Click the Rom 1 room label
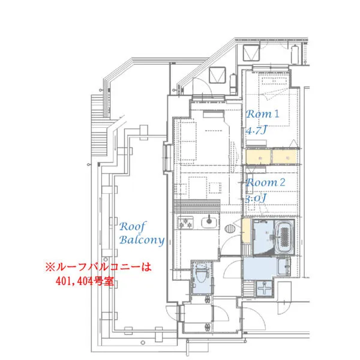click(x=264, y=113)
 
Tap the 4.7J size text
click(x=257, y=129)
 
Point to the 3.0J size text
click(x=256, y=197)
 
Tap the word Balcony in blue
click(x=141, y=240)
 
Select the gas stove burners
click(x=184, y=226)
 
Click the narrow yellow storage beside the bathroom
click(x=246, y=232)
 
